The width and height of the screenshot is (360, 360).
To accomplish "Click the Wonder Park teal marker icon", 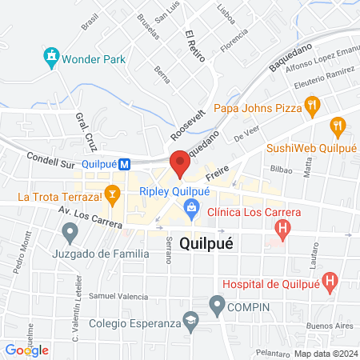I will click(x=52, y=57).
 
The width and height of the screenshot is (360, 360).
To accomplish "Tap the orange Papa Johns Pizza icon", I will click(x=312, y=104).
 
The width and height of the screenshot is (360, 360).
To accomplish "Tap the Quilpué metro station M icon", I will click(x=125, y=165).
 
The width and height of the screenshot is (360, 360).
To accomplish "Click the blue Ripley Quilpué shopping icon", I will click(x=190, y=209).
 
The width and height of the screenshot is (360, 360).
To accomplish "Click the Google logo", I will click(x=26, y=350).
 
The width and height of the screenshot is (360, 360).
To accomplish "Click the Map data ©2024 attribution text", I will click(x=324, y=353).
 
